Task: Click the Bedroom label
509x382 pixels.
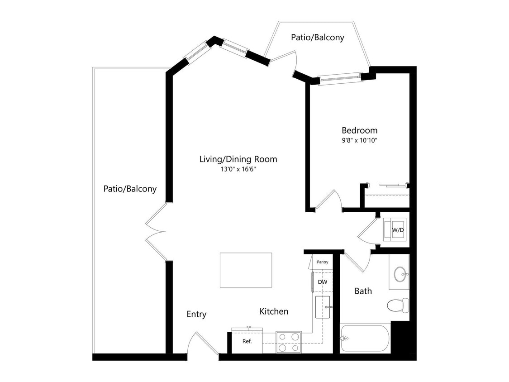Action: click(359, 130)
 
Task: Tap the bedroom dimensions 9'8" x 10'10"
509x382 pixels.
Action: click(359, 140)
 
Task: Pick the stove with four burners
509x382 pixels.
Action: click(289, 342)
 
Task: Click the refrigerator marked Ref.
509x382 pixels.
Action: click(247, 342)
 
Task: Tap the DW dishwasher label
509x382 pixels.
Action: click(323, 282)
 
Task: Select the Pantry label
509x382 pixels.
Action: click(323, 262)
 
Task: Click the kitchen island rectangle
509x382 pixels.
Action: click(246, 270)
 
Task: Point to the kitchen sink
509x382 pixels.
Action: click(326, 307)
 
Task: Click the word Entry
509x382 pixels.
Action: click(196, 314)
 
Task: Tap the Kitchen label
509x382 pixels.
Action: click(274, 311)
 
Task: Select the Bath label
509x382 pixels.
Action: click(363, 291)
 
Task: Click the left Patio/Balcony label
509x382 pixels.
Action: click(130, 189)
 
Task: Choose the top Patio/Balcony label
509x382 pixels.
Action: click(317, 38)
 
